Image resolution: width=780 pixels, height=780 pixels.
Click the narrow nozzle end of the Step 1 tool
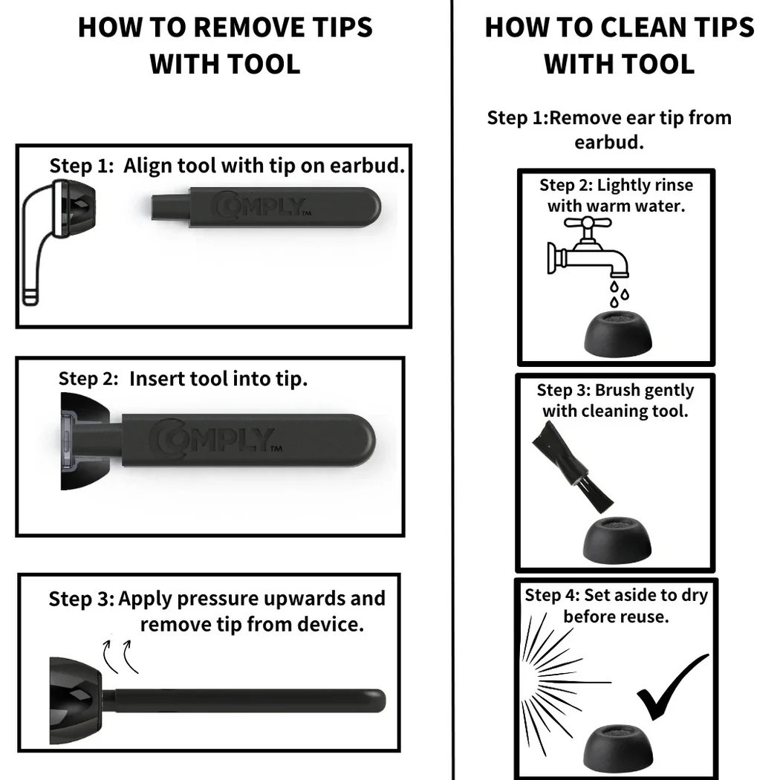pyautogui.click(x=169, y=207)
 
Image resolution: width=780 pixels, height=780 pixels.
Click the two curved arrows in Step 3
pyautogui.click(x=120, y=657)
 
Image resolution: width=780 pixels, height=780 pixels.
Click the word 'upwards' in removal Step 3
pyautogui.click(x=305, y=599)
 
